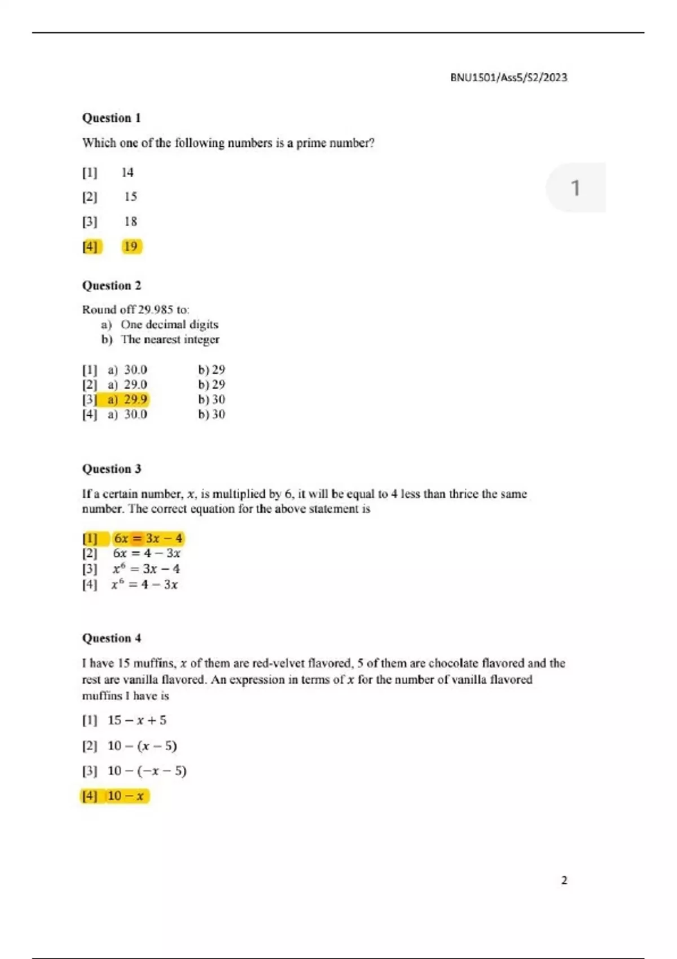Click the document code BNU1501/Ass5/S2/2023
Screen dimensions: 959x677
coord(508,77)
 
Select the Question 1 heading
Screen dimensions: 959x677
coord(111,118)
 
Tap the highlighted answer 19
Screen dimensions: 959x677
coord(131,247)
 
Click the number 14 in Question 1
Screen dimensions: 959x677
coord(128,173)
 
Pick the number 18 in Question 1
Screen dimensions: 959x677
coord(130,222)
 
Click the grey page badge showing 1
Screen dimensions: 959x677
coord(575,188)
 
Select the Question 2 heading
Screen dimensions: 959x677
coord(111,285)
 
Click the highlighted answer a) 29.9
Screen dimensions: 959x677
coord(128,399)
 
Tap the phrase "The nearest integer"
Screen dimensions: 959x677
coord(170,340)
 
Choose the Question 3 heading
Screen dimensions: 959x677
coord(111,469)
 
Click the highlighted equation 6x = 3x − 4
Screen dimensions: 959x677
coord(148,538)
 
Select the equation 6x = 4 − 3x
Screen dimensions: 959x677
coord(147,553)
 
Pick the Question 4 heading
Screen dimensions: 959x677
coord(111,638)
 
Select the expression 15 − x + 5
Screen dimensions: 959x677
coord(137,720)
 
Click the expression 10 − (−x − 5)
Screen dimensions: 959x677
coord(147,771)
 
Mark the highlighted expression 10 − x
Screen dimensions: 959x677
coord(126,796)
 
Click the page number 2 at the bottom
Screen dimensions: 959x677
coord(564,880)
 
